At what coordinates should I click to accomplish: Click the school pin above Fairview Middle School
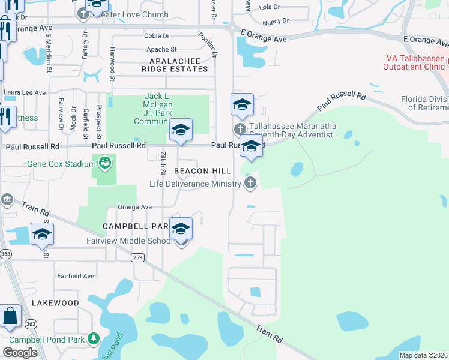pos(181,230)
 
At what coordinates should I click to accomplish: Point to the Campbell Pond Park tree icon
pos(93,338)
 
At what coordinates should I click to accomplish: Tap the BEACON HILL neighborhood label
pos(202,172)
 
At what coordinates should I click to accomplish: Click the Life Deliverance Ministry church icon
pos(250,184)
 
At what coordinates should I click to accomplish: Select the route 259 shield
pos(138,257)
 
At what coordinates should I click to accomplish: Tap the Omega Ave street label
pos(134,206)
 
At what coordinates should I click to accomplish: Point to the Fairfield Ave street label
pos(76,276)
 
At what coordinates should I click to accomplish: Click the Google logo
pos(20,352)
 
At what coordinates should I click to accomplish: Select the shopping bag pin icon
pos(10,316)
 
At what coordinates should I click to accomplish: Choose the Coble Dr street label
pos(157,36)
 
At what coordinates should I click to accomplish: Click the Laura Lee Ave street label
pos(25,92)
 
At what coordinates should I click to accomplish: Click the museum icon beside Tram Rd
pos(7,200)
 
